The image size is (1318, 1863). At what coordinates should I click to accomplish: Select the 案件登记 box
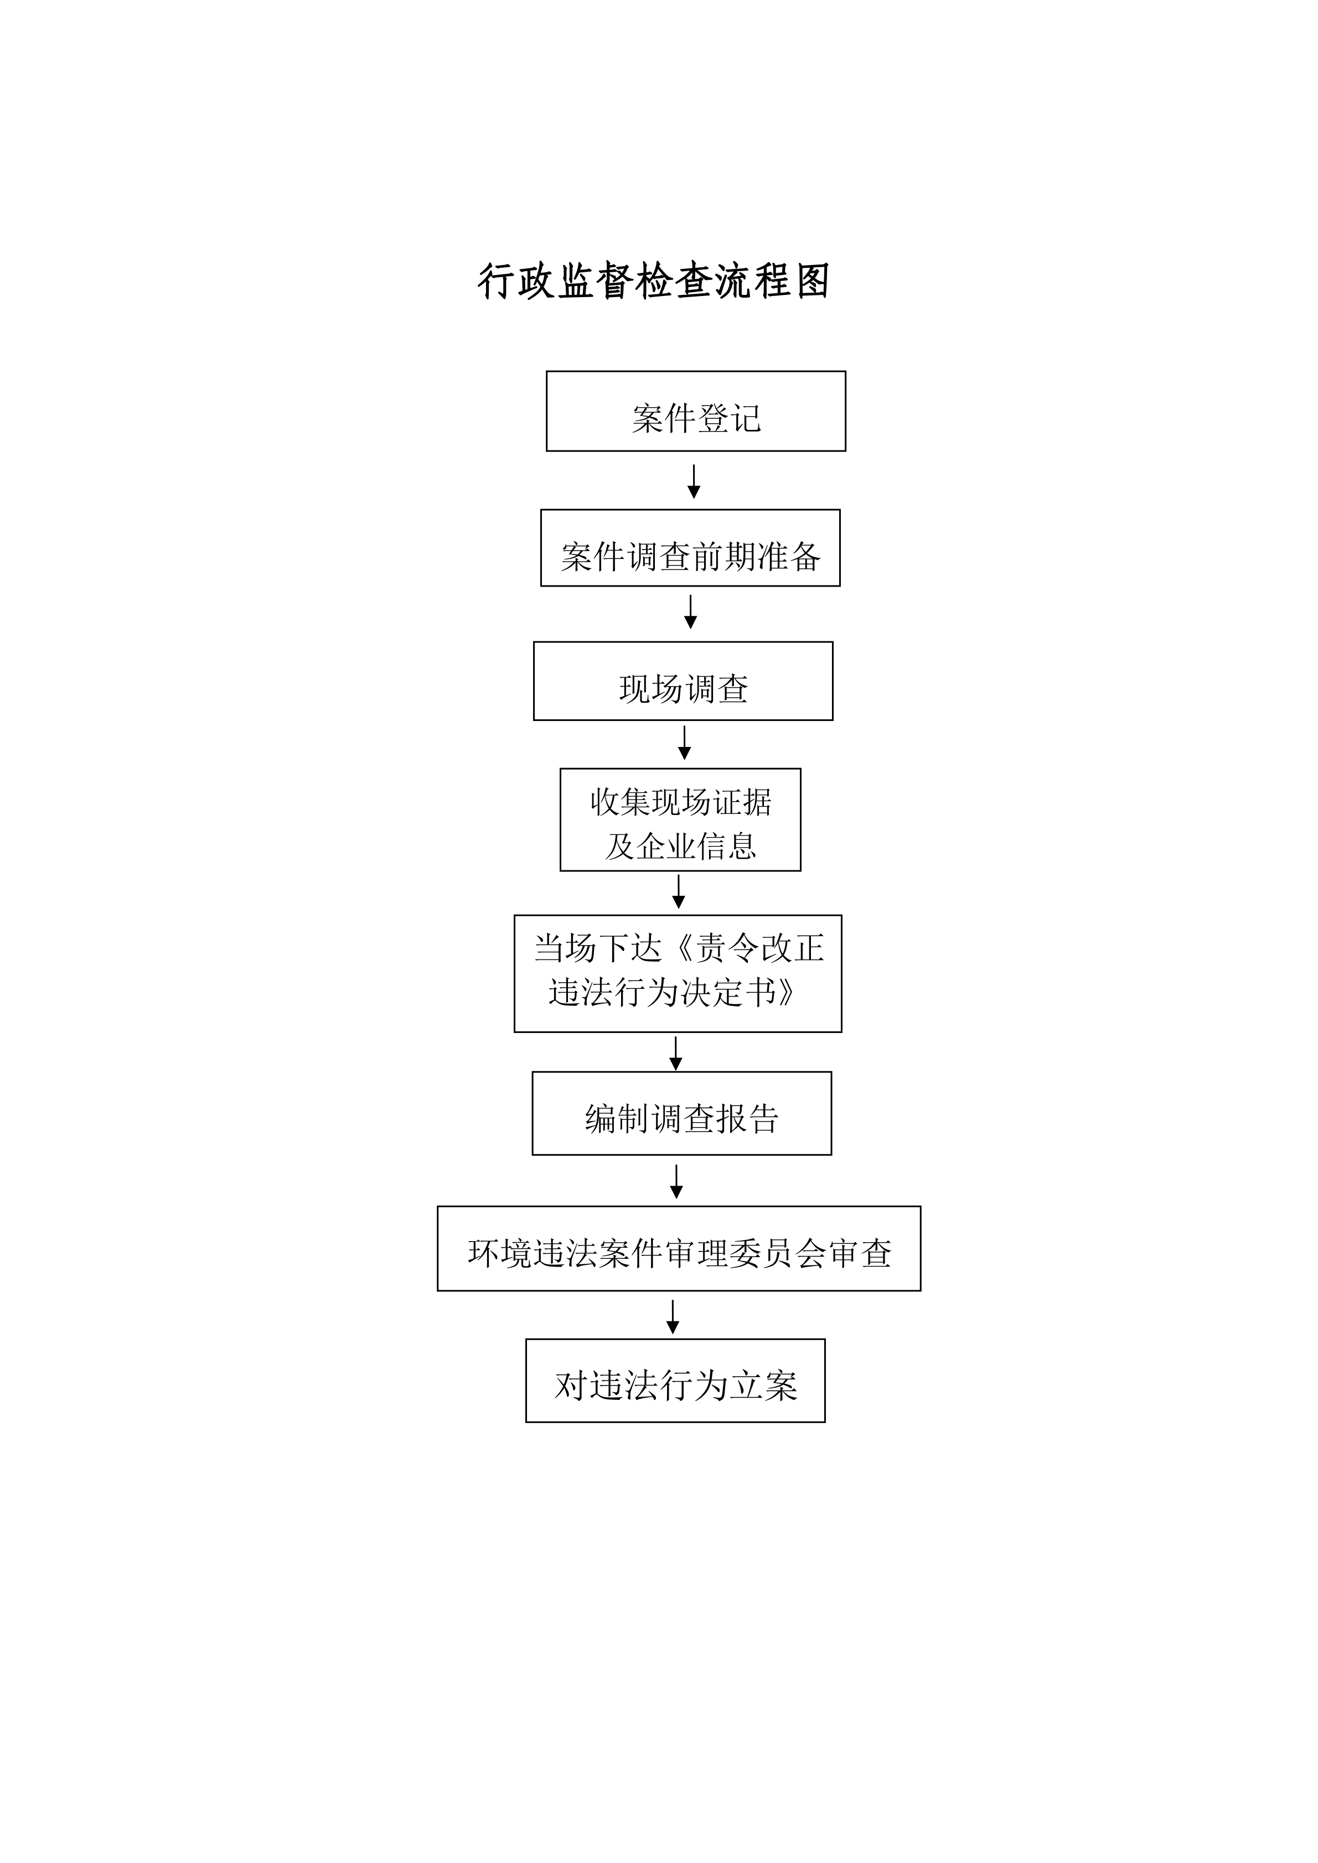pyautogui.click(x=695, y=411)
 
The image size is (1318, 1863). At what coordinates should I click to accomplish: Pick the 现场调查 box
pyautogui.click(x=683, y=681)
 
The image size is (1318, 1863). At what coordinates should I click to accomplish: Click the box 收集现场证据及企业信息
pyautogui.click(x=680, y=819)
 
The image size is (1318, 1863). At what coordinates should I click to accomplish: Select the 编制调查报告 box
pyautogui.click(x=682, y=1113)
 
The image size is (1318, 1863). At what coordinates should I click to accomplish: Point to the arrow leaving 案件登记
pyautogui.click(x=694, y=481)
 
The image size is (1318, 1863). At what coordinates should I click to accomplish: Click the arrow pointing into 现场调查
pyautogui.click(x=691, y=612)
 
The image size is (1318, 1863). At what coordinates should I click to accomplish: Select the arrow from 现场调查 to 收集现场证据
pyautogui.click(x=684, y=743)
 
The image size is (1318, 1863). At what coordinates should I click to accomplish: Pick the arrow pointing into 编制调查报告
pyautogui.click(x=676, y=1053)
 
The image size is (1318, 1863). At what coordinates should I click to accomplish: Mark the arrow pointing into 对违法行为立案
pyautogui.click(x=673, y=1317)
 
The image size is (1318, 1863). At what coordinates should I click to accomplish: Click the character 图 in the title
pyautogui.click(x=813, y=282)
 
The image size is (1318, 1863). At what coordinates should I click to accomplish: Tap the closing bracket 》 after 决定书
pyautogui.click(x=785, y=992)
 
